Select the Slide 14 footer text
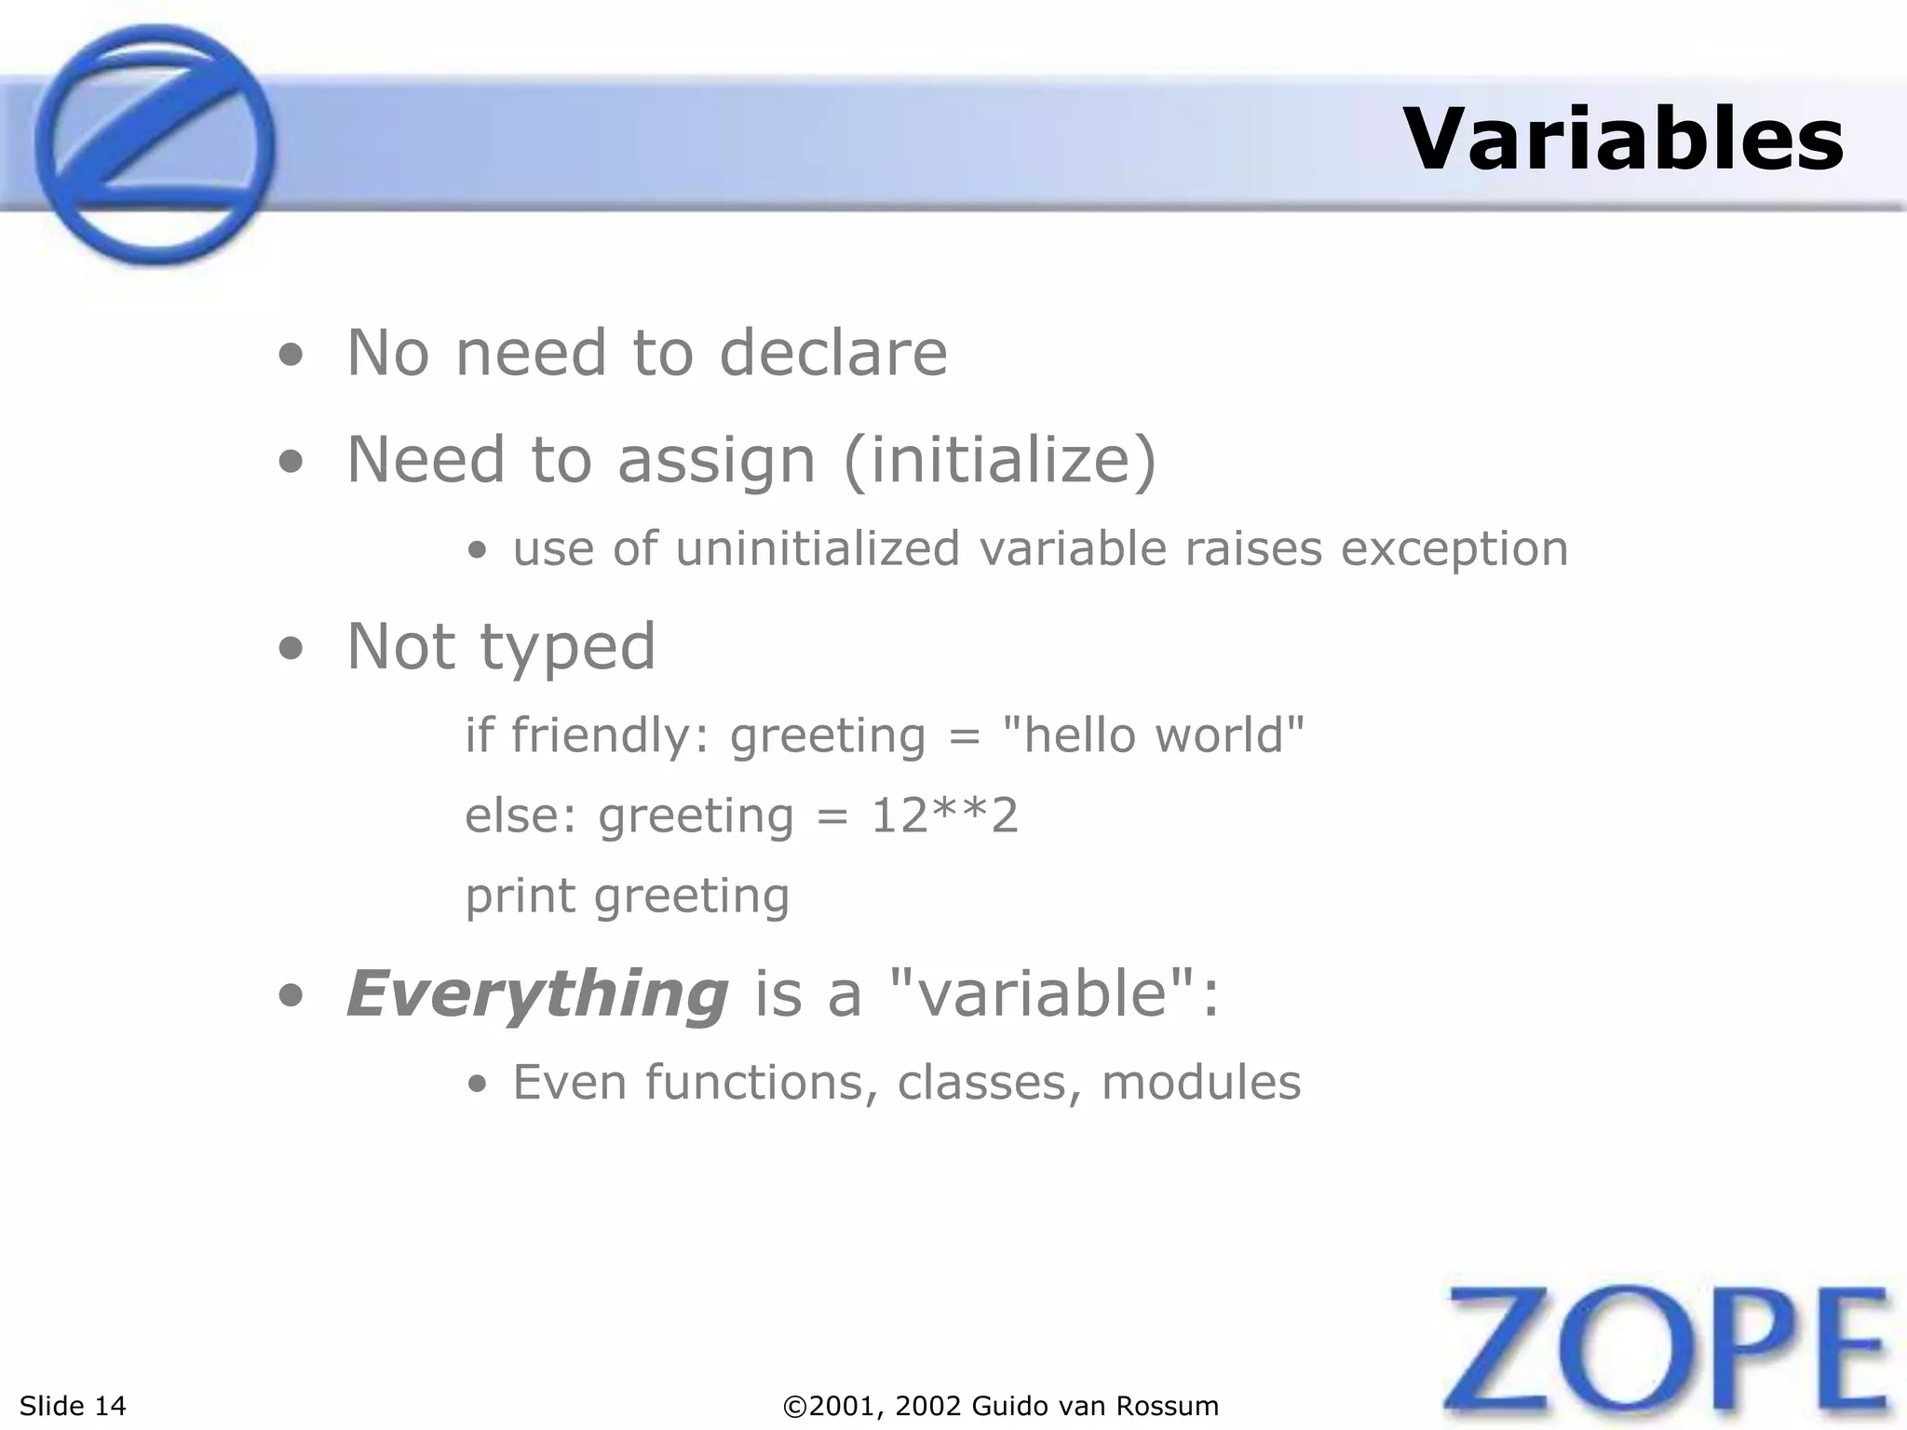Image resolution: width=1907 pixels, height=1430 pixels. pos(73,1406)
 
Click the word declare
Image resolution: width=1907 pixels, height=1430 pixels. pos(833,353)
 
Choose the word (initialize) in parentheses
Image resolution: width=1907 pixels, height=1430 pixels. pos(999,460)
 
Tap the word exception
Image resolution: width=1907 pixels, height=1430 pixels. pos(1454,548)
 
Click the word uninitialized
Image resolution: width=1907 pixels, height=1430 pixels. pos(818,548)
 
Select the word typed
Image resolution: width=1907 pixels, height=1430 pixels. pos(567,647)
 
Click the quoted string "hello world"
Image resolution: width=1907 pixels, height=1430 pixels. pos(1153,735)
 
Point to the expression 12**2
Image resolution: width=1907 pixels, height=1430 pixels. pos(944,816)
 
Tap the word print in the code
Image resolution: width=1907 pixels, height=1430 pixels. pos(520,897)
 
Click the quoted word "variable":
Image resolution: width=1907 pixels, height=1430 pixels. pos(1054,993)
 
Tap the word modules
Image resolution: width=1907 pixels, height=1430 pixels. pos(1201,1083)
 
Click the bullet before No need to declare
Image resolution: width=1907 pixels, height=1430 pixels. pos(291,355)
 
